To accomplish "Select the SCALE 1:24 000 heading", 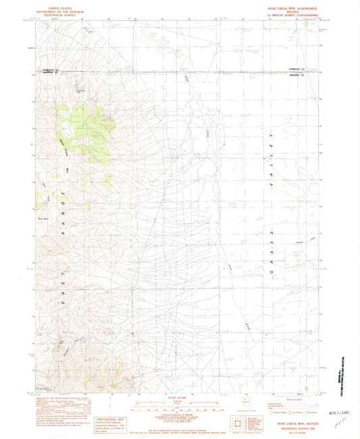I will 180,399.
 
